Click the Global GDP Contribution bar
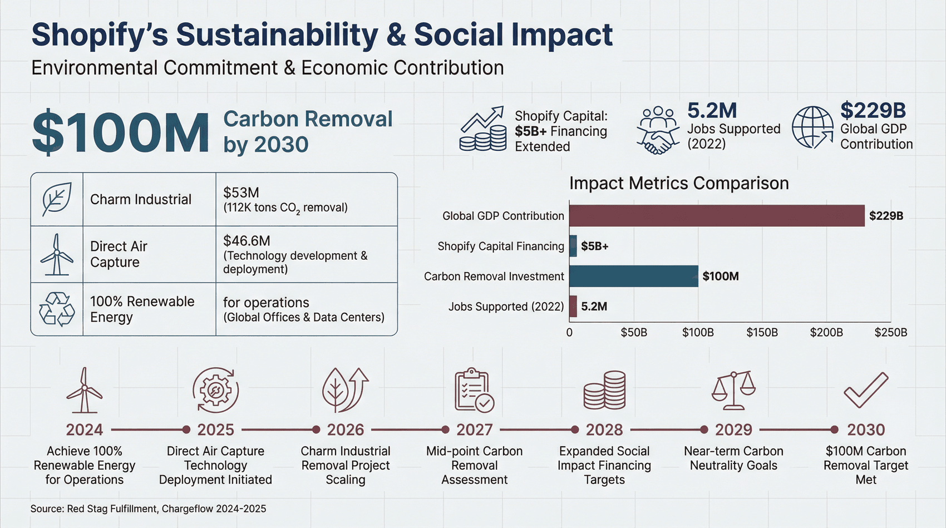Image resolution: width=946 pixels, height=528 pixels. [x=717, y=215]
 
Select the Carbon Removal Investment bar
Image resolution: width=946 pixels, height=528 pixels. [x=633, y=276]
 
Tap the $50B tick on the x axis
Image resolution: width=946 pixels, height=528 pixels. [x=634, y=333]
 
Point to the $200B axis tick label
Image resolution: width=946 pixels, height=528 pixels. [x=826, y=333]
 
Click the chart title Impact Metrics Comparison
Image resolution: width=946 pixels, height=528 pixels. [x=679, y=183]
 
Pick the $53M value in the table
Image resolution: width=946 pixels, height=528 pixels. [x=241, y=193]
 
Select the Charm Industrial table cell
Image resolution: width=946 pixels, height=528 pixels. [x=141, y=199]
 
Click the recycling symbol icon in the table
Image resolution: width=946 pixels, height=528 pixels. [x=57, y=309]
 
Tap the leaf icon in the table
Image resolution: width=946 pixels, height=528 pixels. [x=57, y=199]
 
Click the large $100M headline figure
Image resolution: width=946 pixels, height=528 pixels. [x=121, y=132]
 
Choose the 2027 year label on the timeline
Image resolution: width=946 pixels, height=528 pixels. [x=475, y=430]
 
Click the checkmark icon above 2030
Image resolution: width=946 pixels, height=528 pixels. [x=866, y=390]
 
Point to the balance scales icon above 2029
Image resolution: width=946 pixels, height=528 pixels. [x=733, y=390]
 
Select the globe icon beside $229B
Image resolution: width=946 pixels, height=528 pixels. [x=812, y=127]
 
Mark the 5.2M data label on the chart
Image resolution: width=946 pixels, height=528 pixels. [x=594, y=307]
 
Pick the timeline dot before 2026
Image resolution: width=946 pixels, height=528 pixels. [x=316, y=430]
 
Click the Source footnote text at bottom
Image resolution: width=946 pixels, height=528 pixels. [x=148, y=509]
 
